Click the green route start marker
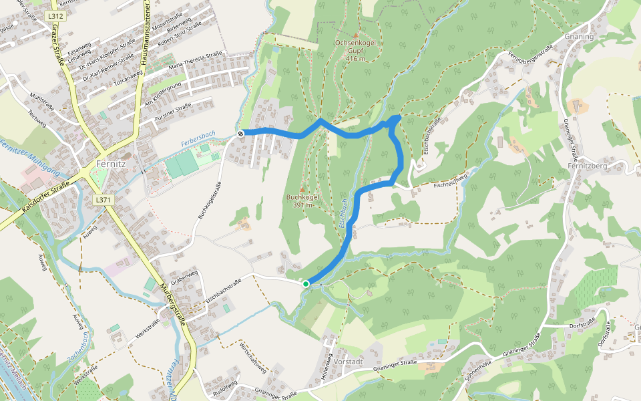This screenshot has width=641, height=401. pyautogui.click(x=306, y=284)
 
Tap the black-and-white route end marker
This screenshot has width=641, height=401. pyautogui.click(x=240, y=132)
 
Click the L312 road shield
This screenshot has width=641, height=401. pyautogui.click(x=57, y=15)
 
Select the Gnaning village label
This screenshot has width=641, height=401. pyautogui.click(x=578, y=36)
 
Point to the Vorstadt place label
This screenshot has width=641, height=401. pyautogui.click(x=347, y=362)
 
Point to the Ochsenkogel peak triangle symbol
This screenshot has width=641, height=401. pyautogui.click(x=355, y=35)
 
